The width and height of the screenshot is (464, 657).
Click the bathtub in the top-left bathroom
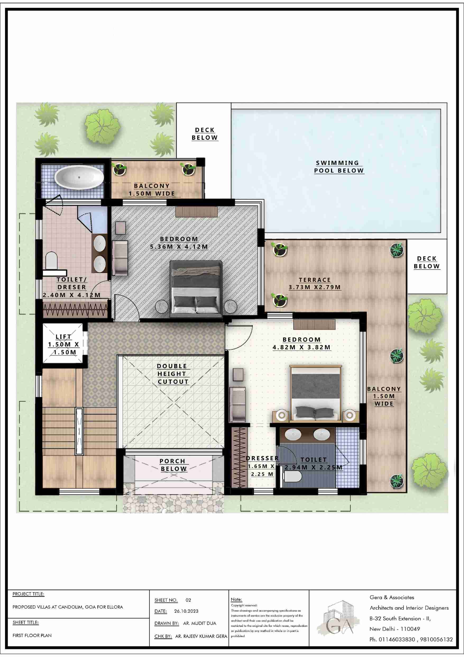[x=79, y=177]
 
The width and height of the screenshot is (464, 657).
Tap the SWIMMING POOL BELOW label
[x=339, y=167]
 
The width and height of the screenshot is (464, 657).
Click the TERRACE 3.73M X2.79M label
[x=315, y=283]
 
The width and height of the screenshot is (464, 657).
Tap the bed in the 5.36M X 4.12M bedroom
[x=196, y=289]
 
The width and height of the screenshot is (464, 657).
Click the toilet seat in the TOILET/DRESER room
[x=52, y=260]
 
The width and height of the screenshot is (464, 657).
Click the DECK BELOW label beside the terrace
[x=426, y=262]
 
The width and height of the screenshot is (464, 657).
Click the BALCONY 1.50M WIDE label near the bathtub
[x=152, y=190]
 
